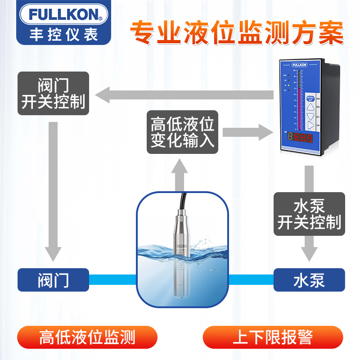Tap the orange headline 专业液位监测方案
(237, 32)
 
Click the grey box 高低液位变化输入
(183, 132)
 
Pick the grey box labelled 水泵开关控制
(310, 215)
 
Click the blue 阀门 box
(53, 279)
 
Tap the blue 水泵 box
(309, 279)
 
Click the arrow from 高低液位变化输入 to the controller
(248, 132)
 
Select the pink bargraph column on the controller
(297, 99)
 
